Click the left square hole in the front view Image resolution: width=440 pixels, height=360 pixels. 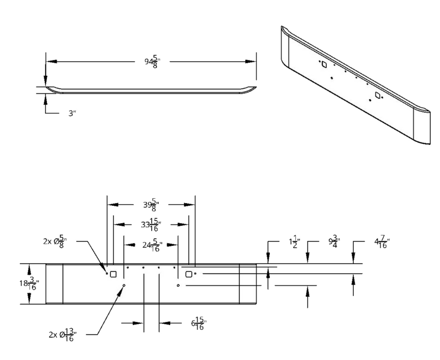113,274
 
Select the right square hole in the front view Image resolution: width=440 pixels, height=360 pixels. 188,274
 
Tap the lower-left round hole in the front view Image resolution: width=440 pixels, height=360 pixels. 124,286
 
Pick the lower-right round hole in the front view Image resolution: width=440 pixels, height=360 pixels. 178,286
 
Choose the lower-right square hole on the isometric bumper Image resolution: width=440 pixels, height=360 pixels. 378,95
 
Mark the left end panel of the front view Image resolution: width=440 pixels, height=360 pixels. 54,284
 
